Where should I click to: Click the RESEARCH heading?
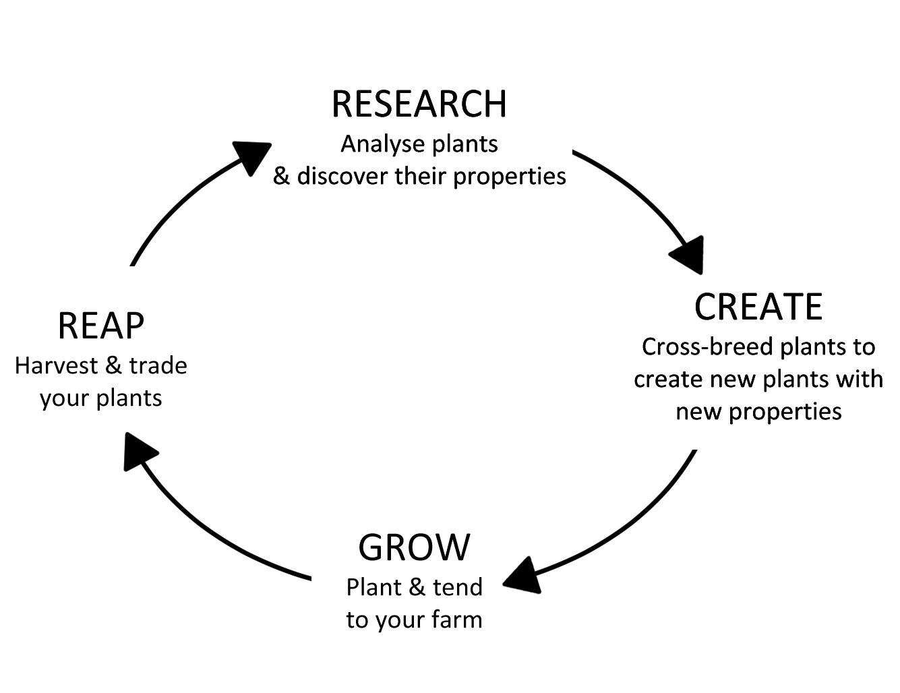(x=419, y=104)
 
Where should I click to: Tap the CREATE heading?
(x=758, y=307)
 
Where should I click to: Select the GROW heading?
(x=414, y=547)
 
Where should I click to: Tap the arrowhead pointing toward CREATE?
(x=689, y=255)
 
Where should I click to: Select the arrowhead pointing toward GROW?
(x=522, y=576)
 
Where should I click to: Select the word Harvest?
(x=57, y=366)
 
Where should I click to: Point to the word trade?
(x=158, y=366)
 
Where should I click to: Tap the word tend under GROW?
(x=458, y=587)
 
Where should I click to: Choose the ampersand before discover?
(x=281, y=177)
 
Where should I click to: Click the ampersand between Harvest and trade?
(x=114, y=366)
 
